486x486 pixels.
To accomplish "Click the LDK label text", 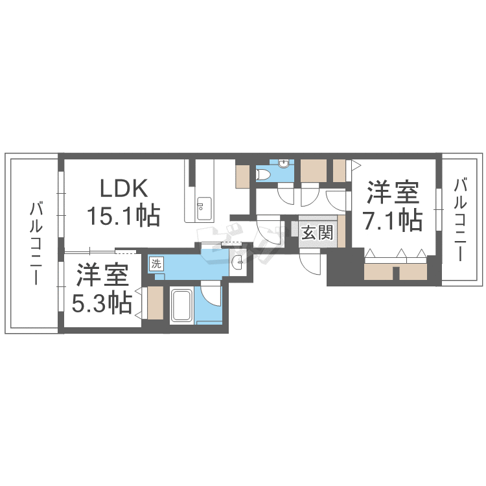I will click(124, 190).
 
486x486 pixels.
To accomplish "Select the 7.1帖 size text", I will click(393, 220).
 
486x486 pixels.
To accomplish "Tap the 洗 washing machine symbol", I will click(156, 264).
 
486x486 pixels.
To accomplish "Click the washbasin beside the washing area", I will click(238, 262).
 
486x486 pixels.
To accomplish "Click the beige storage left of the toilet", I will click(242, 177).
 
